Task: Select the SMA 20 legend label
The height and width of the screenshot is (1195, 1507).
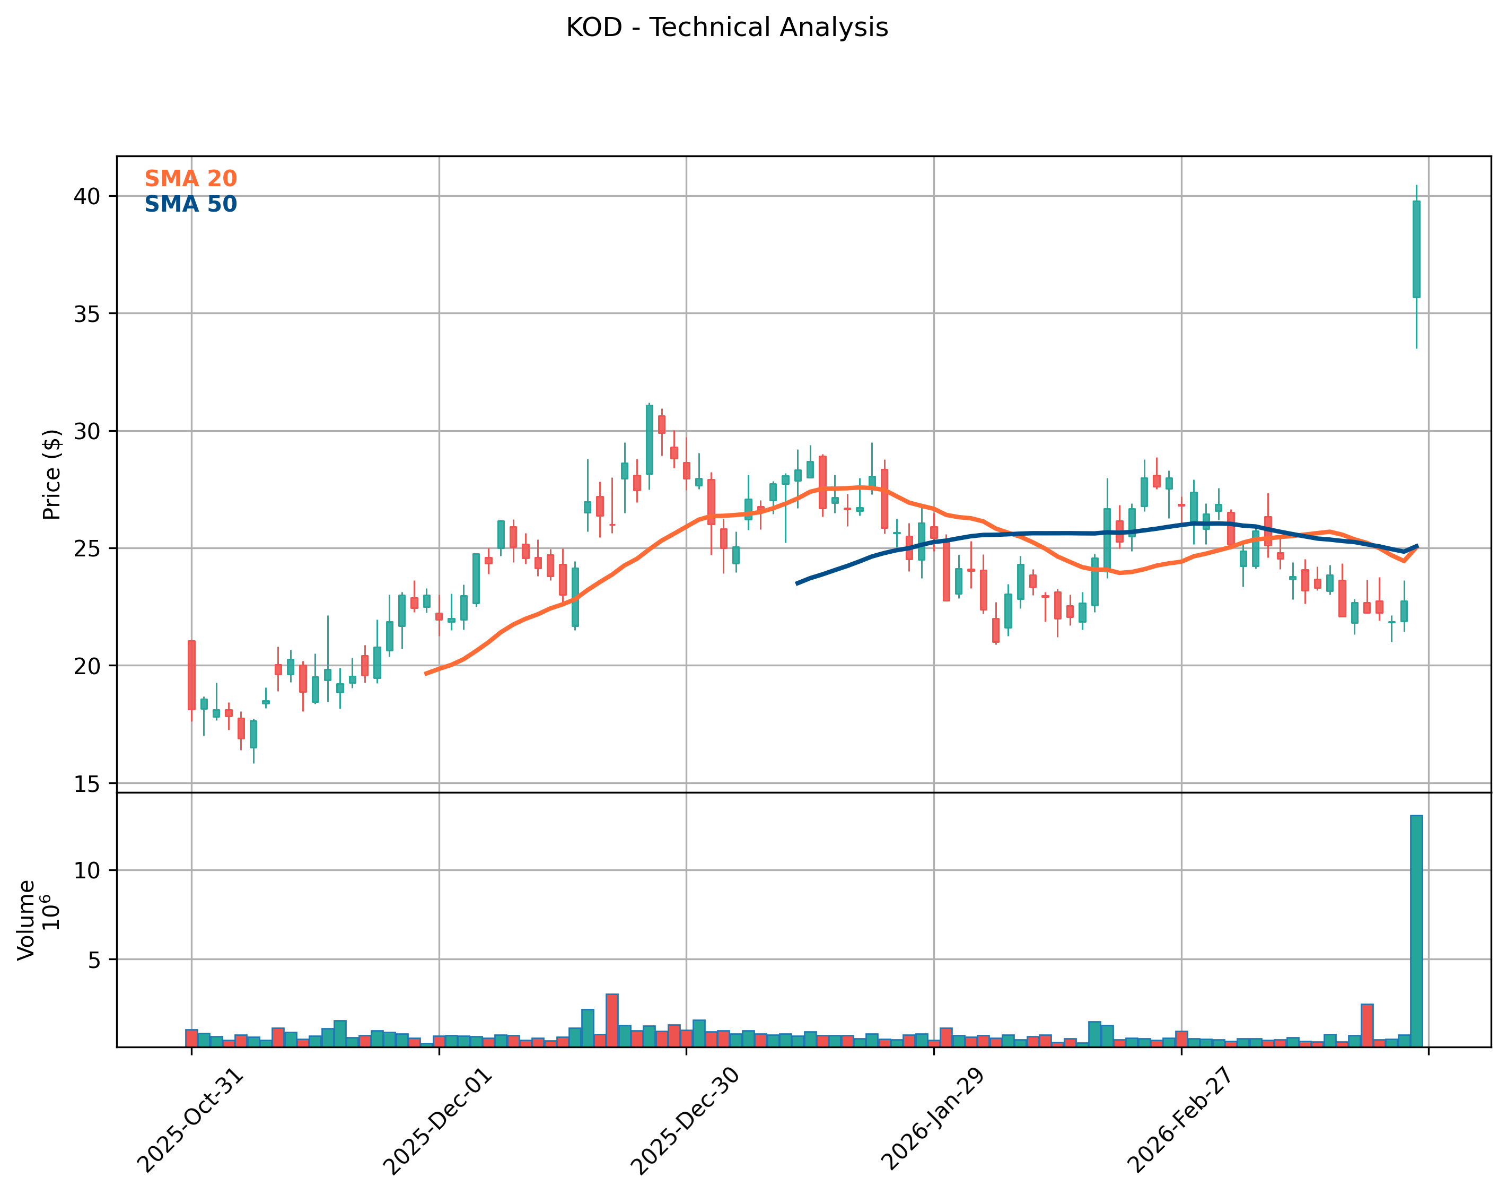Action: pyautogui.click(x=190, y=179)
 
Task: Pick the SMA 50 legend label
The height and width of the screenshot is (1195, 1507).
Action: pyautogui.click(x=190, y=204)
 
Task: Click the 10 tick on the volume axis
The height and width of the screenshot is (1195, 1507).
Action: pyautogui.click(x=90, y=870)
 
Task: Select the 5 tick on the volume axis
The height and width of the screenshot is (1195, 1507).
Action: pyautogui.click(x=94, y=960)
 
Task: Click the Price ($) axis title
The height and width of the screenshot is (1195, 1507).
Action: pyautogui.click(x=52, y=475)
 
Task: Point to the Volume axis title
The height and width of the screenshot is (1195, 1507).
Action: pyautogui.click(x=27, y=920)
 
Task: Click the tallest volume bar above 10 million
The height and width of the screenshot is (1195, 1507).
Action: pyautogui.click(x=1416, y=930)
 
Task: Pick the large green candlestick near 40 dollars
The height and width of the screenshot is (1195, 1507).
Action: pyautogui.click(x=1416, y=250)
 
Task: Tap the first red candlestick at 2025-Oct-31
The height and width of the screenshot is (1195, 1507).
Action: pyautogui.click(x=191, y=675)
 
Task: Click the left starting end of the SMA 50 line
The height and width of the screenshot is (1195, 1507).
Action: pyautogui.click(x=798, y=583)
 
